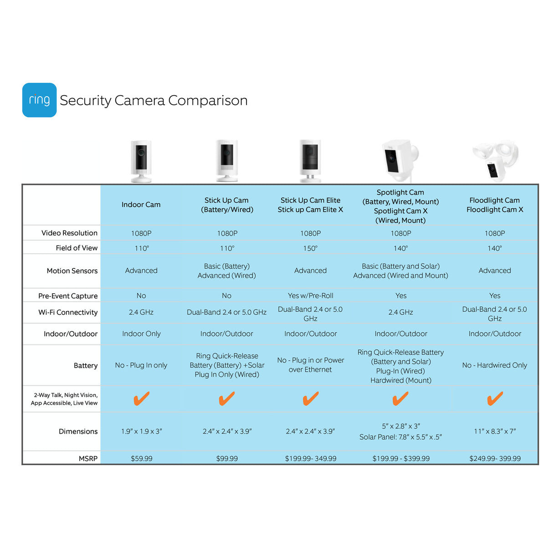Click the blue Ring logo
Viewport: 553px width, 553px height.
(39, 100)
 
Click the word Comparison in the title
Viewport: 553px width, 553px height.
(208, 100)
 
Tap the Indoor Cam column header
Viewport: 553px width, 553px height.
(141, 205)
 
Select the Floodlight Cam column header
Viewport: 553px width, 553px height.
(495, 205)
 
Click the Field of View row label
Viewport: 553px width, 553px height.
(77, 248)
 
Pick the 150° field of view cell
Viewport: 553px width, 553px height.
(310, 248)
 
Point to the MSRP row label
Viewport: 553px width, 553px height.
(88, 458)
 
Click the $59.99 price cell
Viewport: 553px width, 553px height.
(141, 458)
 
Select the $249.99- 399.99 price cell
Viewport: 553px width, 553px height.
(495, 458)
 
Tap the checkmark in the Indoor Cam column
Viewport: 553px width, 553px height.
(141, 399)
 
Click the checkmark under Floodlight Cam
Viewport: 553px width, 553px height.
(495, 399)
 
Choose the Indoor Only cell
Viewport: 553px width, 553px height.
(141, 333)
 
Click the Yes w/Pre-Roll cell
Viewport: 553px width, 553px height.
(310, 296)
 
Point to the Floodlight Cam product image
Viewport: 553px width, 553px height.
(496, 160)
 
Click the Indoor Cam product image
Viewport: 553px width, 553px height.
(141, 161)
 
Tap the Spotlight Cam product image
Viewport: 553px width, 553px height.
(399, 159)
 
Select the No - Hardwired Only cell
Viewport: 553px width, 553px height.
(494, 365)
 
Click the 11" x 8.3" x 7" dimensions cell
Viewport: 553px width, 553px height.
(495, 431)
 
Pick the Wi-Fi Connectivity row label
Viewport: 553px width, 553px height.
(68, 312)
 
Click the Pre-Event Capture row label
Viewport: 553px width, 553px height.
(68, 296)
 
